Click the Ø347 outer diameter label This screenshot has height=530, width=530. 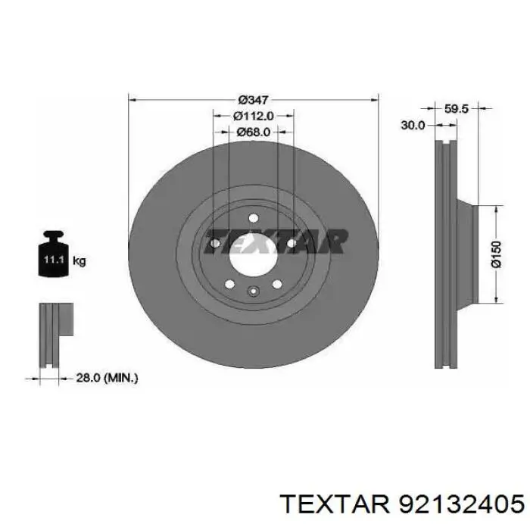click(x=253, y=100)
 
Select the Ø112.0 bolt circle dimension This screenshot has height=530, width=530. click(x=253, y=116)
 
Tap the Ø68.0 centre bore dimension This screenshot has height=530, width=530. click(x=253, y=132)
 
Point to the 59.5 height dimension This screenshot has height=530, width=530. click(x=456, y=109)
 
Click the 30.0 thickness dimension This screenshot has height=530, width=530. click(x=413, y=126)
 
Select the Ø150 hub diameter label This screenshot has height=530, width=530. click(x=497, y=254)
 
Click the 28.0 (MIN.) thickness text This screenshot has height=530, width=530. click(x=107, y=378)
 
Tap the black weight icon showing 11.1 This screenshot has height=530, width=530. click(x=54, y=254)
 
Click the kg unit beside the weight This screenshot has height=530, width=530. click(x=79, y=261)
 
